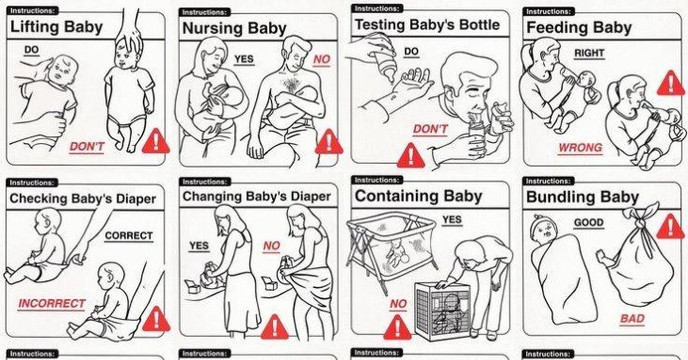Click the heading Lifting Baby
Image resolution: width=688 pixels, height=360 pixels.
coord(57,27)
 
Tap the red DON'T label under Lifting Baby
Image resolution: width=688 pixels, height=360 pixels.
coord(87,147)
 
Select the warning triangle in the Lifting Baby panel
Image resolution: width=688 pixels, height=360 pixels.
coord(156,142)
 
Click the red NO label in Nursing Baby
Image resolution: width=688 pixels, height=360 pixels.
coord(322,59)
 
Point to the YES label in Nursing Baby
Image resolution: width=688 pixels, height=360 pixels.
coord(244,58)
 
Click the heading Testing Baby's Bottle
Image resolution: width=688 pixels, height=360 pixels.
coord(427,25)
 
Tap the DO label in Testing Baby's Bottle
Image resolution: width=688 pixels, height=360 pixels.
coord(411,51)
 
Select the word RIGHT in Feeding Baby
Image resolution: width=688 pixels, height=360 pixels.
coord(589,53)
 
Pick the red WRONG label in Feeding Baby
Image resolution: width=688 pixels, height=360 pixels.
coord(580,148)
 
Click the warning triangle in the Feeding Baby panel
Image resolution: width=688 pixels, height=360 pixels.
coord(671,83)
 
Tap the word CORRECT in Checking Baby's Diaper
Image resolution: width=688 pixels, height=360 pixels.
coord(128,236)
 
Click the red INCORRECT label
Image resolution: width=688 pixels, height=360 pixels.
coord(51,303)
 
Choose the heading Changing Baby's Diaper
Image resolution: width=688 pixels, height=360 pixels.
coord(257,196)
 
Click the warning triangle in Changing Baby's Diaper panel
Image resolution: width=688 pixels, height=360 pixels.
coord(275,327)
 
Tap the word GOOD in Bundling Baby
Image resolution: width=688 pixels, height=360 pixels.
coord(589,222)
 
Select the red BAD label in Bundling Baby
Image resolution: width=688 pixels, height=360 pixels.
coord(632,319)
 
